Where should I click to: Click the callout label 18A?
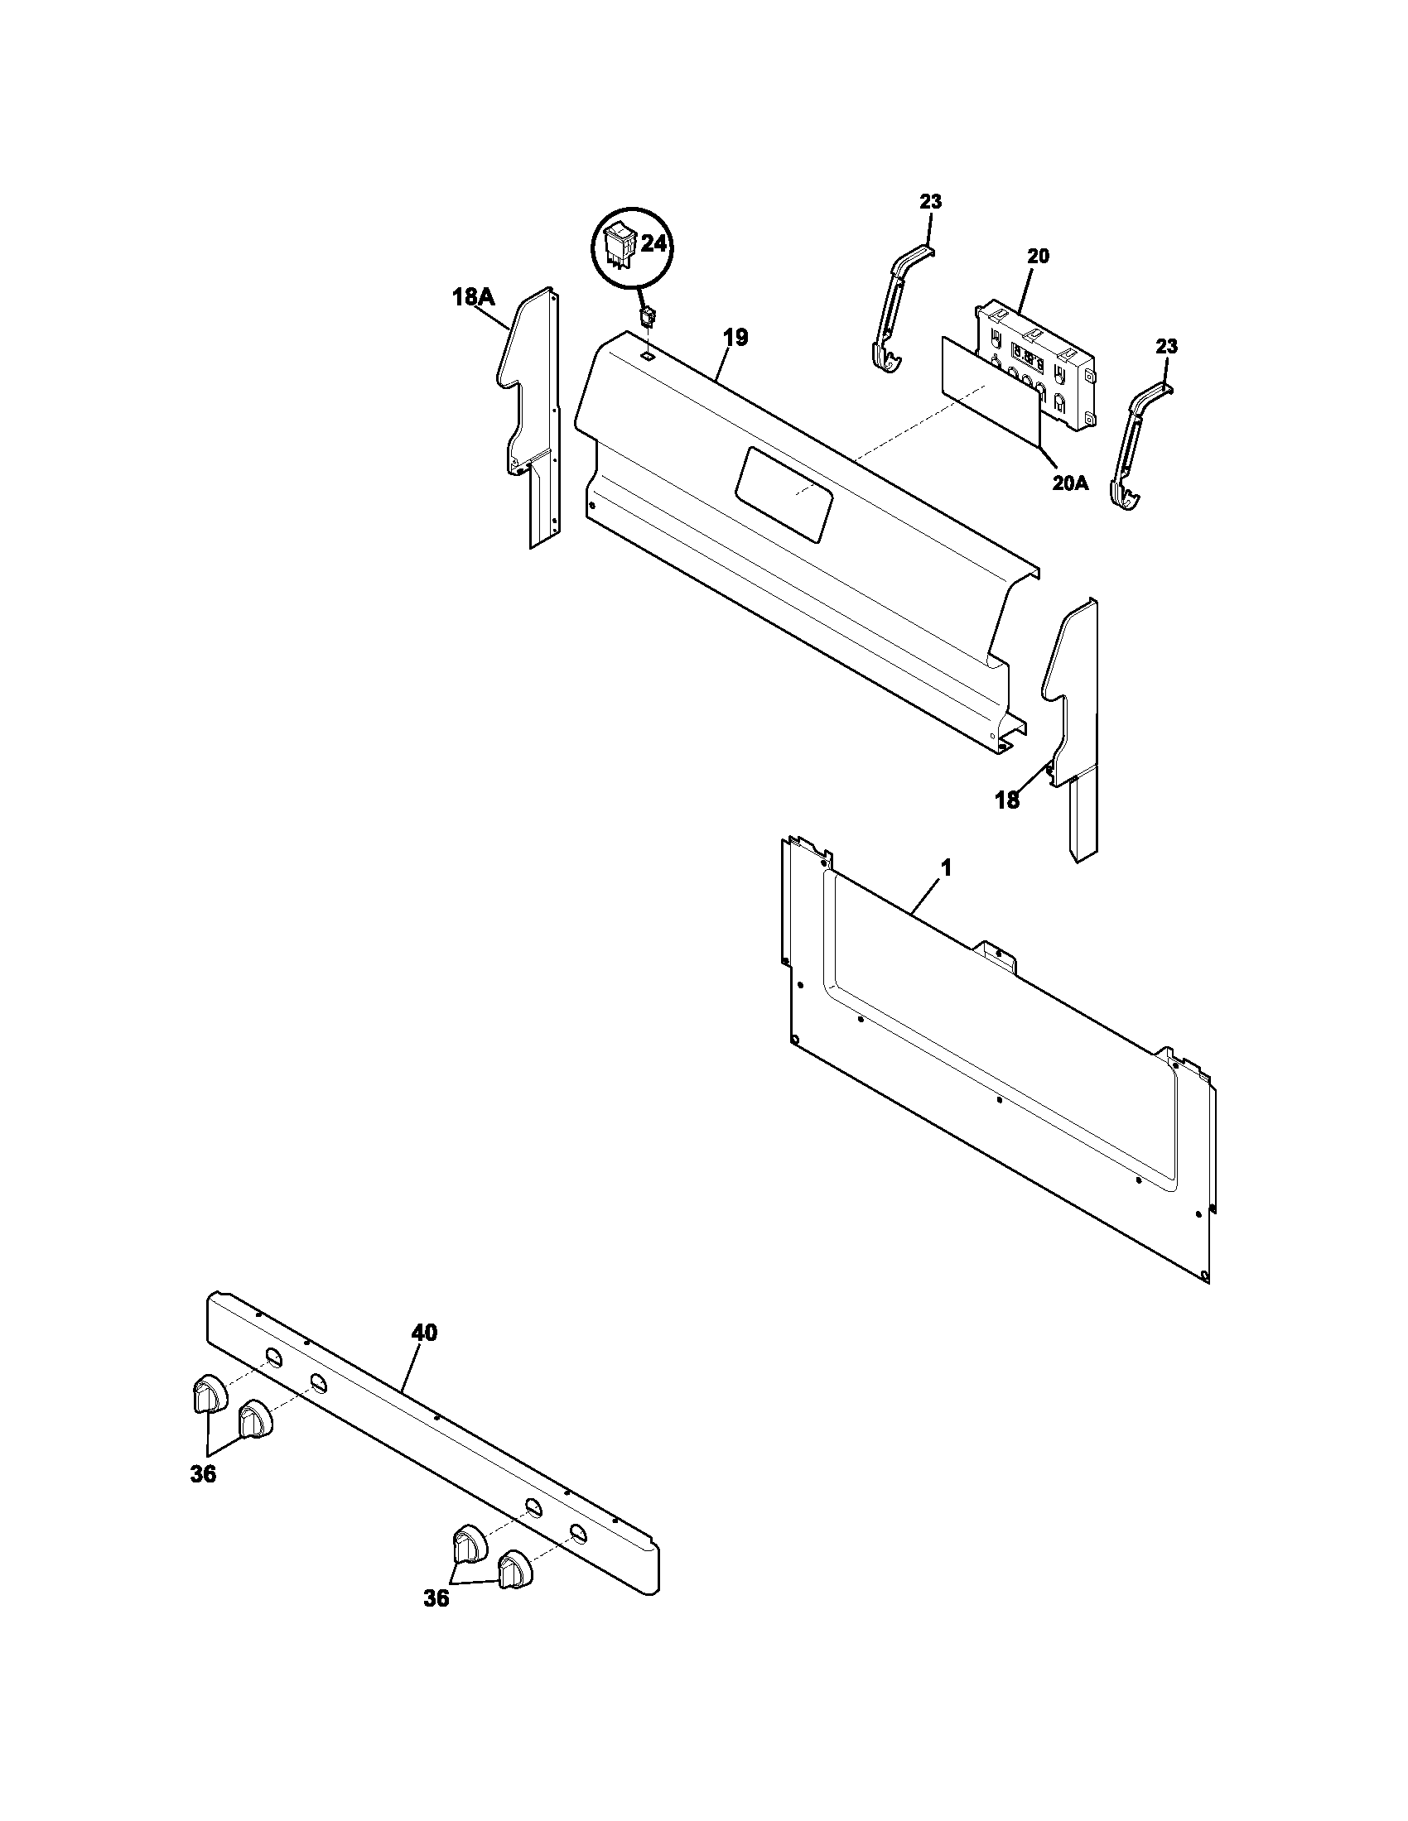click(473, 296)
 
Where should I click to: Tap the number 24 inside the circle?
click(655, 244)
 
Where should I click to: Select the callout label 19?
click(735, 338)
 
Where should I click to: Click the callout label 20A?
click(1069, 483)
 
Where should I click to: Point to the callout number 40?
click(424, 1333)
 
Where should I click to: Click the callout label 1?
click(945, 868)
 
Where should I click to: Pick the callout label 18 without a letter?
click(1007, 801)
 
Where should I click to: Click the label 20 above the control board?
click(1038, 256)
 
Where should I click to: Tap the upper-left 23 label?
click(931, 201)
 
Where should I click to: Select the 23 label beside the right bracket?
click(1166, 346)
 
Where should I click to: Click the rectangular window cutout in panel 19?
click(785, 492)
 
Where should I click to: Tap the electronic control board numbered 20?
click(1034, 367)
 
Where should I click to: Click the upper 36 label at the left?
click(203, 1475)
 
